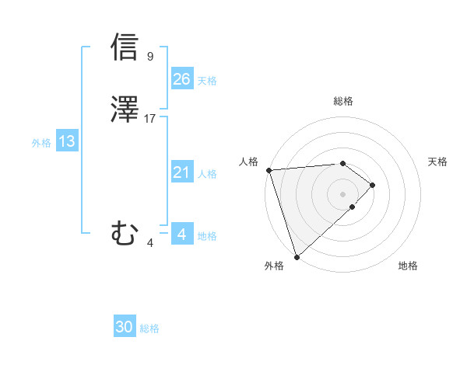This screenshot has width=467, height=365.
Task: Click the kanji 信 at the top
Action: tap(125, 47)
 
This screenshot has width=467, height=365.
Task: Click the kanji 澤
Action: tap(125, 110)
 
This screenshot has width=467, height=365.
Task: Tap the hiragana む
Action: tap(125, 232)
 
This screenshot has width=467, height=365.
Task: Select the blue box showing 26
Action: tap(181, 79)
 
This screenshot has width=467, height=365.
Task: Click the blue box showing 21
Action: tap(181, 172)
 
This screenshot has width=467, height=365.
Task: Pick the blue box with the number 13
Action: tap(66, 141)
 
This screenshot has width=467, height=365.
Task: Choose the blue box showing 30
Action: tap(125, 327)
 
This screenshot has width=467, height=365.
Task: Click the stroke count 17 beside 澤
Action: tap(150, 119)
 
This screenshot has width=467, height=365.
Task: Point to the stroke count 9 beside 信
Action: tap(150, 56)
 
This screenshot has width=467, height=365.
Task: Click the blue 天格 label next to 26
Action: tap(207, 81)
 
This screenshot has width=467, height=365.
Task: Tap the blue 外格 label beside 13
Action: tap(41, 143)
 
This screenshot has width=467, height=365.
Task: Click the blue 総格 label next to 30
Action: tap(150, 328)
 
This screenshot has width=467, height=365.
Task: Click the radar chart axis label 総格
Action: tap(343, 101)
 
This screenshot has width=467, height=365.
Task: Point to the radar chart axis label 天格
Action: tap(438, 162)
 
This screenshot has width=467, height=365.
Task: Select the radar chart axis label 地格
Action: tap(408, 266)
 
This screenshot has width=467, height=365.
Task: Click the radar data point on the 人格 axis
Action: tap(269, 170)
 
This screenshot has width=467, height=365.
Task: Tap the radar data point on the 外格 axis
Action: tap(297, 256)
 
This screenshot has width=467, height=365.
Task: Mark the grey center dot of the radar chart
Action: tap(343, 193)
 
